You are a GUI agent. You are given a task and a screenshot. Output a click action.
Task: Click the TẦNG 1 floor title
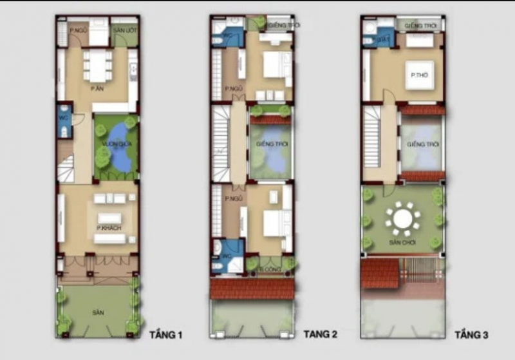pyautogui.click(x=166, y=335)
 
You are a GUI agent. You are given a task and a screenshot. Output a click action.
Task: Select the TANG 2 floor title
pyautogui.click(x=320, y=334)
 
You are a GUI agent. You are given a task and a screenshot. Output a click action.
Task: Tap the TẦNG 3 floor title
pyautogui.click(x=472, y=335)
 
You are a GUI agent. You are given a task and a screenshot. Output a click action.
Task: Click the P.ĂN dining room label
pyautogui.click(x=97, y=88)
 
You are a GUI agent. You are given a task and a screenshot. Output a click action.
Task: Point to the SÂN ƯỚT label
pyautogui.click(x=124, y=30)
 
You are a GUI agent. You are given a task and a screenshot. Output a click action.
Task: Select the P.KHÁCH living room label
pyautogui.click(x=108, y=228)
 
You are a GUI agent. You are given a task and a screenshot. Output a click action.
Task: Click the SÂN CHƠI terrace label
pyautogui.click(x=402, y=243)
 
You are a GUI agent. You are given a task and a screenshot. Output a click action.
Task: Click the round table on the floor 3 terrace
pyautogui.click(x=403, y=219)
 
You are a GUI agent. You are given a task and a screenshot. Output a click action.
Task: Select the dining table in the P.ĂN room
pyautogui.click(x=98, y=65)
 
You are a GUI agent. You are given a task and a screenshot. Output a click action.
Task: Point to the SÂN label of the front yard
pyautogui.click(x=97, y=312)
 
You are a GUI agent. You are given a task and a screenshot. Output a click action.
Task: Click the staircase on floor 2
pyautogui.click(x=221, y=144)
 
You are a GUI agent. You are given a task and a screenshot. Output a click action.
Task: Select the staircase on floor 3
pyautogui.click(x=371, y=142)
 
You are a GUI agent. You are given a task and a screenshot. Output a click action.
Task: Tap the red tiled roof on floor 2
pyautogui.click(x=252, y=288)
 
